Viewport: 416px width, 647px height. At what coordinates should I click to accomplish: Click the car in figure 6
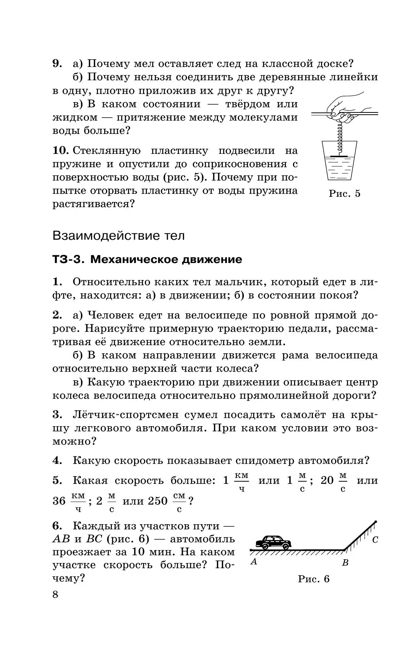click(273, 543)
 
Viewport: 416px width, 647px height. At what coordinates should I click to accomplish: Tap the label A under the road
click(253, 562)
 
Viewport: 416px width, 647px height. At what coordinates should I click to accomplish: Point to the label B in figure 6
click(345, 563)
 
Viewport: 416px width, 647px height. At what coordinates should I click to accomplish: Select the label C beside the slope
click(375, 540)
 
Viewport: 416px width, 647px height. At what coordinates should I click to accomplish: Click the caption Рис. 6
click(313, 579)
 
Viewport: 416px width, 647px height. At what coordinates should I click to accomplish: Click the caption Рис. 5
click(344, 193)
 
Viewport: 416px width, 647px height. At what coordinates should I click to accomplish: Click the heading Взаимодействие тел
click(118, 235)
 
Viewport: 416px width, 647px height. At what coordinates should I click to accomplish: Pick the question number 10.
click(61, 151)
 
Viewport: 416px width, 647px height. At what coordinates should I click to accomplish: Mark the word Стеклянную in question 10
click(107, 151)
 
